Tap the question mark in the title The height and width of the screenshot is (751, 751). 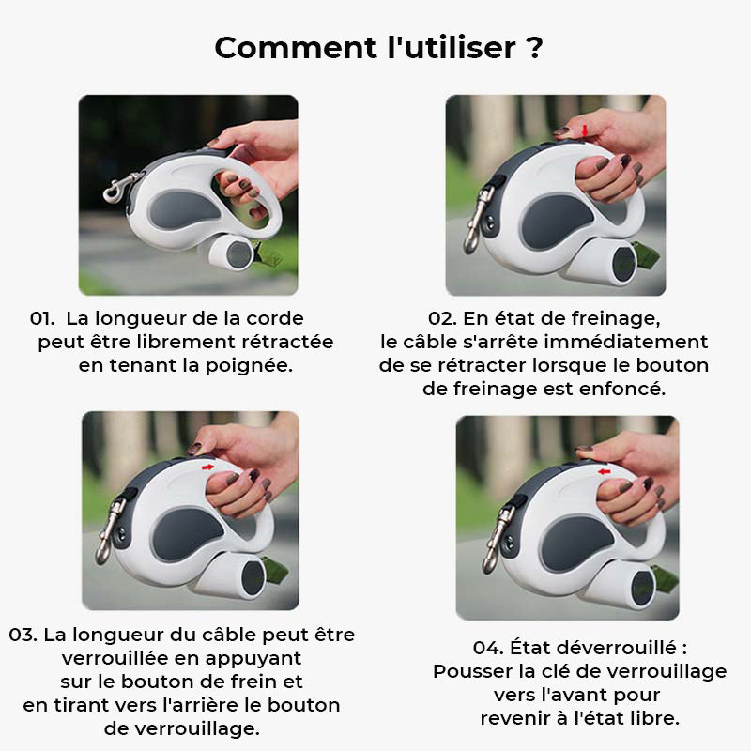pos(535,46)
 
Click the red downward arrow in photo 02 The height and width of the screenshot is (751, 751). pos(584,129)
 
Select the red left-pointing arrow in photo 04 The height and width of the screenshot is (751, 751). pos(604,470)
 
